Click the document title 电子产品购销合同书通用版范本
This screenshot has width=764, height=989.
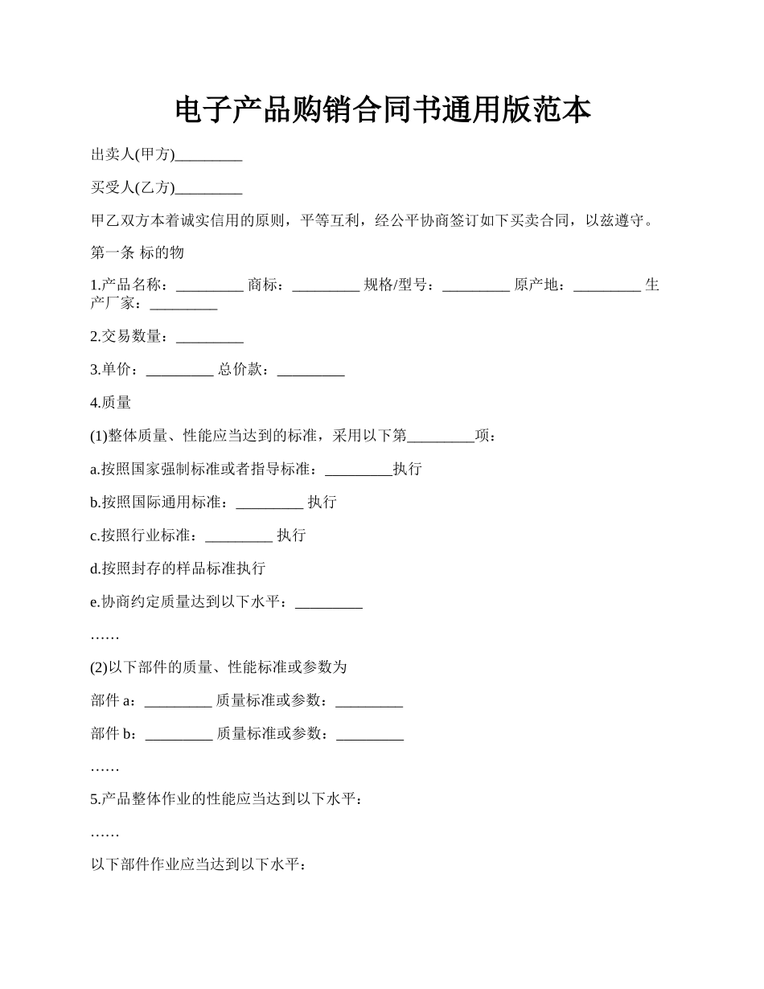click(x=382, y=110)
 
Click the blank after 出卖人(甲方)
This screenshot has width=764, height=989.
click(x=208, y=156)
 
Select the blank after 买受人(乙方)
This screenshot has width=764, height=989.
click(x=208, y=189)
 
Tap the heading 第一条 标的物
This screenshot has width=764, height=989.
click(x=138, y=252)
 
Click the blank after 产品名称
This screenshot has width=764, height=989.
click(x=209, y=286)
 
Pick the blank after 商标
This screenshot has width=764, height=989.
click(x=326, y=286)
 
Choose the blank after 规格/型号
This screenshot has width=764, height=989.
click(x=475, y=286)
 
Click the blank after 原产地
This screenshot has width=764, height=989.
click(x=607, y=286)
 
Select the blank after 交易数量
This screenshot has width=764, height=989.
click(x=209, y=338)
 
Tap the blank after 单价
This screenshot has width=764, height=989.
click(x=180, y=371)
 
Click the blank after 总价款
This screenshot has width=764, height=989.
click(x=310, y=371)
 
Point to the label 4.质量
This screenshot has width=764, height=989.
click(x=111, y=403)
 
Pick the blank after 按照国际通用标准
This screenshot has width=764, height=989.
click(x=269, y=503)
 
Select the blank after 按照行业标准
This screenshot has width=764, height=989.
click(x=239, y=536)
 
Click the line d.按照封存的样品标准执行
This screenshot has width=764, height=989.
click(x=178, y=568)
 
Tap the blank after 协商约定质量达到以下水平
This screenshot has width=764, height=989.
click(x=329, y=603)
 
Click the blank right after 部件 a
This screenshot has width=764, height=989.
click(x=178, y=702)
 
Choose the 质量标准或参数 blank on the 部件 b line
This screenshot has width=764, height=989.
click(x=369, y=735)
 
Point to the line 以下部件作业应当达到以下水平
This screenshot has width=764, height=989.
click(x=199, y=866)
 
